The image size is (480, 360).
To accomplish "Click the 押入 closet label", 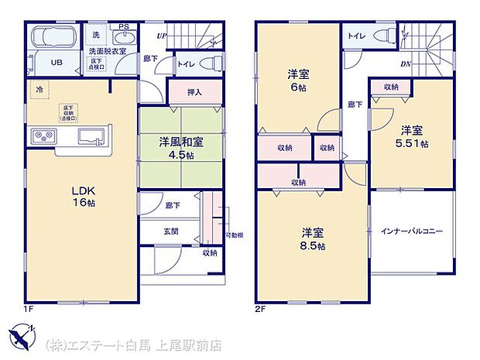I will click(x=195, y=92).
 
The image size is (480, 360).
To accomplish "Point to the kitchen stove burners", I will click(x=43, y=137).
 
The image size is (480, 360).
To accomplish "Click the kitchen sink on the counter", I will click(x=91, y=138).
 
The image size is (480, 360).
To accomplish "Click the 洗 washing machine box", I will click(x=96, y=36).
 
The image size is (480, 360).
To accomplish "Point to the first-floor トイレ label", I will click(x=187, y=65).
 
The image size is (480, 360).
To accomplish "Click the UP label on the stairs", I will click(x=161, y=36).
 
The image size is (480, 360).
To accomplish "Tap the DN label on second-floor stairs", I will click(x=406, y=64).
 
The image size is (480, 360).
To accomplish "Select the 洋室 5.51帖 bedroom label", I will click(x=412, y=136).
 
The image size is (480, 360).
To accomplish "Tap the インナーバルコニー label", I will click(x=411, y=231).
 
